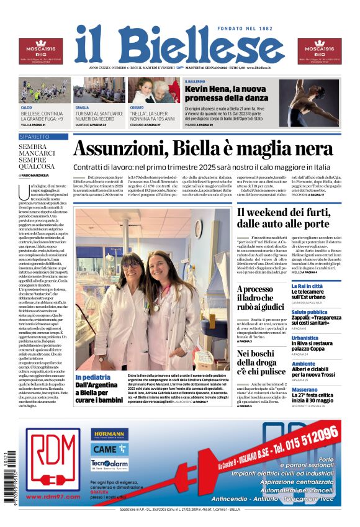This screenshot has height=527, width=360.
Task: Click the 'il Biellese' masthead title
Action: coord(179,45)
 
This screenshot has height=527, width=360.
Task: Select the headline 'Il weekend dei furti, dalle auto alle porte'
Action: coord(283,218)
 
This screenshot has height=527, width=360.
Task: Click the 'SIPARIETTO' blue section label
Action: coord(35,136)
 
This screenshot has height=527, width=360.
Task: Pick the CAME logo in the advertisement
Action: coord(109,449)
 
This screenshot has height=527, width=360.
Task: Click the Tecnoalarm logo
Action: coord(109,464)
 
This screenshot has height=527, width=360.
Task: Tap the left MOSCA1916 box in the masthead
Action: coord(40,51)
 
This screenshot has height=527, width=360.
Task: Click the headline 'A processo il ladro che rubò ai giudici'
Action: coord(261,297)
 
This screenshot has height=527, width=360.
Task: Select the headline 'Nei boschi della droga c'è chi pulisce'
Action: coord(261,362)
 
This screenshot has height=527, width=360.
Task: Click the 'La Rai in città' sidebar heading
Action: coord(307,286)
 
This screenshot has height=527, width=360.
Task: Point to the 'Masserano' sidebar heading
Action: coord(305,390)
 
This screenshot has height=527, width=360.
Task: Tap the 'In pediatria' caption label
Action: coord(93,377)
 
